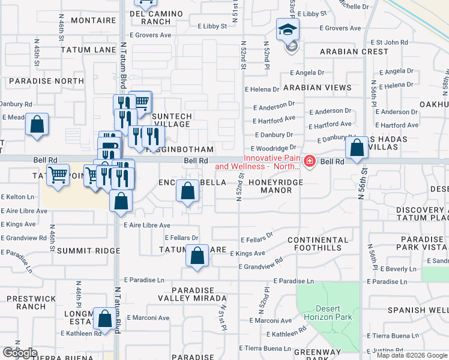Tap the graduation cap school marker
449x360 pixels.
(288, 29)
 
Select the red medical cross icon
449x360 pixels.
(309, 161)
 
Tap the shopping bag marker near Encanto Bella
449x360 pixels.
(188, 192)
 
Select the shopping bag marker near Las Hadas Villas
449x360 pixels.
(357, 148)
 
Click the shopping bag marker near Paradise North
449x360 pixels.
(37, 125)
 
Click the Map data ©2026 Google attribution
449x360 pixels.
(412, 355)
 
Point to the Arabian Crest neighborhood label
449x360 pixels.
(354, 52)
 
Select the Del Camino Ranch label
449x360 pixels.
(151, 17)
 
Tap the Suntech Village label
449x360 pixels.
(171, 120)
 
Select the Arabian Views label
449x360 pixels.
(318, 88)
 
